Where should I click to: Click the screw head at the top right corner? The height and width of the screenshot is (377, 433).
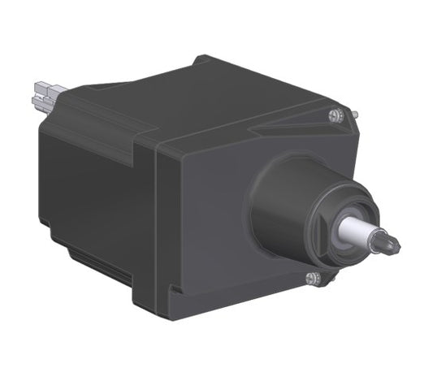(x=334, y=115)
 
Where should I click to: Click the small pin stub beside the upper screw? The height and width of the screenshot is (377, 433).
(x=354, y=113)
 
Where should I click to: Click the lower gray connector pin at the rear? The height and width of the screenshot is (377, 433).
(x=42, y=102)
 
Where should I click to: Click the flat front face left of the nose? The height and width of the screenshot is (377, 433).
(x=203, y=219)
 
